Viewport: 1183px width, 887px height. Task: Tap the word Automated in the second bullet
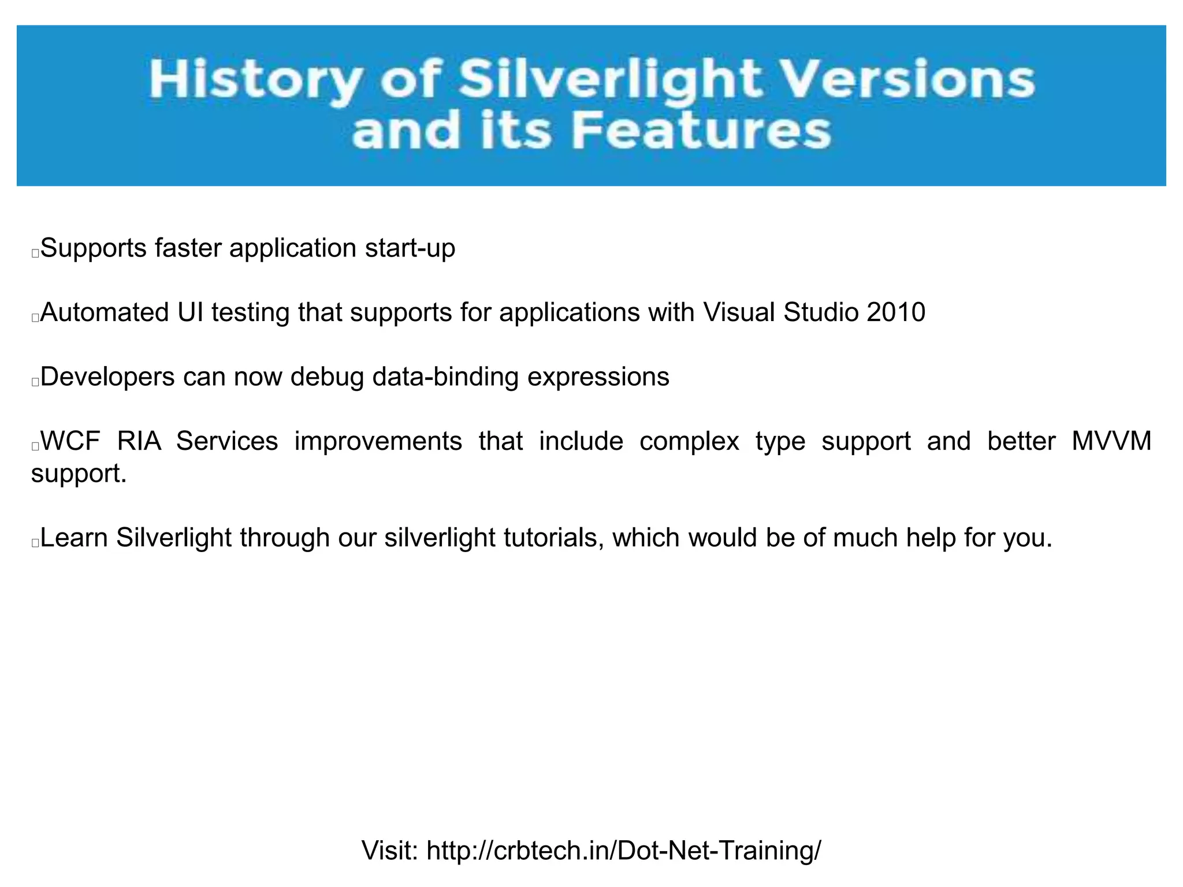click(x=105, y=312)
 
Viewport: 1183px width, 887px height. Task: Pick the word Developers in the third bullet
click(x=107, y=377)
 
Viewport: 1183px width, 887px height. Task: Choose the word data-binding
click(x=445, y=377)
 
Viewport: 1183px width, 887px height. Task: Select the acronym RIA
click(x=139, y=441)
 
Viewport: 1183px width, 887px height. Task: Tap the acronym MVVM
click(x=1111, y=441)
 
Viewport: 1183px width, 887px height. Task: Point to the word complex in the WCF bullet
click(x=689, y=441)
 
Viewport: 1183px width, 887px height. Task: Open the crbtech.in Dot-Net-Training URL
click(x=624, y=851)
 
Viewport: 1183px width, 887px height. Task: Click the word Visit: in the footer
click(x=390, y=851)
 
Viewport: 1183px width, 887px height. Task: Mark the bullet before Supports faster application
click(x=35, y=253)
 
